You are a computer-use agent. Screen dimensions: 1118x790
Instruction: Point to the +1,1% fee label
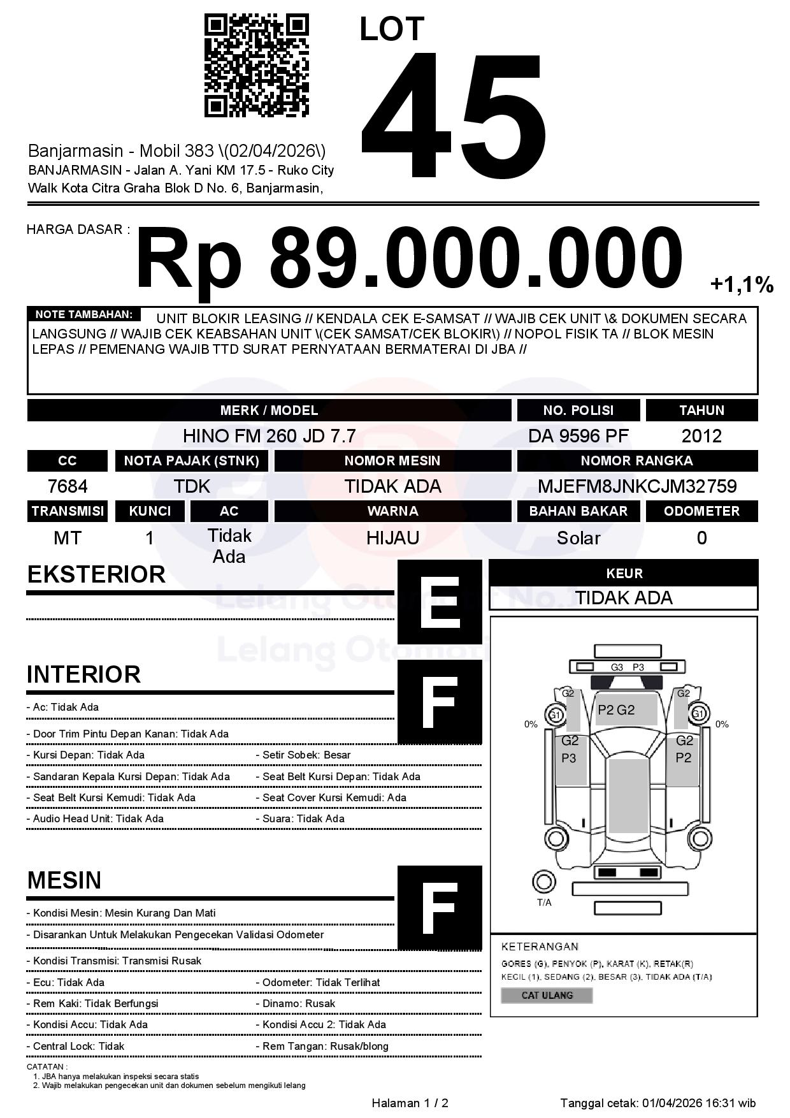(742, 285)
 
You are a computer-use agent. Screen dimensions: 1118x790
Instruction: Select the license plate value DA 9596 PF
(578, 436)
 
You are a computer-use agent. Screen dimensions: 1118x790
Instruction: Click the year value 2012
(701, 436)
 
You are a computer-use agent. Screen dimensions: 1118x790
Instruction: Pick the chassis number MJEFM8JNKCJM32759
(637, 486)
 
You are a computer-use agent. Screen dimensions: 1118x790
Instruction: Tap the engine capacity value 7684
(68, 486)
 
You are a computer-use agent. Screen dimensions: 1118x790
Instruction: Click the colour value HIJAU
(392, 538)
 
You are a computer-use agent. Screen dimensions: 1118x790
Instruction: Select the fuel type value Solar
(578, 538)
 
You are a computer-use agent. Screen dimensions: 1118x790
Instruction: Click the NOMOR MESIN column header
(392, 461)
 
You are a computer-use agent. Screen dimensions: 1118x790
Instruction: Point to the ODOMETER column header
(701, 511)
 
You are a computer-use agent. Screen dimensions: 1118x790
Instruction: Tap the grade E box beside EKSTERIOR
(440, 602)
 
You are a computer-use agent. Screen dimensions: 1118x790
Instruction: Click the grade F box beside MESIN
(440, 907)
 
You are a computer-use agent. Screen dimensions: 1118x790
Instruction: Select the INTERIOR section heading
(83, 674)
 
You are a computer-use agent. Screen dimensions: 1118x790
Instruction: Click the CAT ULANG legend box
(547, 995)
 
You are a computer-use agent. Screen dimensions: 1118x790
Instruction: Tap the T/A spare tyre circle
(543, 882)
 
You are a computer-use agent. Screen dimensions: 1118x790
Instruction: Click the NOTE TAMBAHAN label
(83, 314)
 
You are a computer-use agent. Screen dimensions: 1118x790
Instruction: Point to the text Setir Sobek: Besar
(306, 755)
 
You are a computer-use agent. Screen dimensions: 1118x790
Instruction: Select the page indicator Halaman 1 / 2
(410, 1103)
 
